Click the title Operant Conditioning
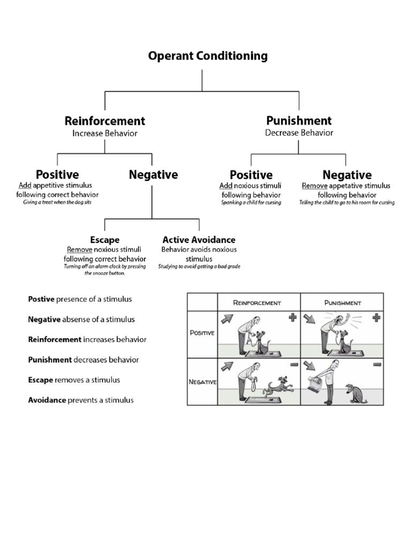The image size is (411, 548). pos(208,56)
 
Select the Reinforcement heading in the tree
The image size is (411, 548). pos(105,121)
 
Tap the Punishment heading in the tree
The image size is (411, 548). pos(299,120)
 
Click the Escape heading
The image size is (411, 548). pos(104,240)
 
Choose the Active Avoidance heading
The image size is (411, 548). pos(199,240)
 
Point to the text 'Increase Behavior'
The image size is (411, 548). pos(105,133)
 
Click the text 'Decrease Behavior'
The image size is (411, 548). pos(299,133)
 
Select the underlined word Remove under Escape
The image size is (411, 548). pos(77,250)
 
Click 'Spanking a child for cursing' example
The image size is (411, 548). pos(251,203)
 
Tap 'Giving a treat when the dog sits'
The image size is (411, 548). pos(57,203)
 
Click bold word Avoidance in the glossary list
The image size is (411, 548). pos(47,400)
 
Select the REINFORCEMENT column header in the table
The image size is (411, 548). pos(257,303)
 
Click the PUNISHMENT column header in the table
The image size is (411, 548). pos(342,303)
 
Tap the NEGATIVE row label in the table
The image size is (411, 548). pos(202,382)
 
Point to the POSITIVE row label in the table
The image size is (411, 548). pos(202,333)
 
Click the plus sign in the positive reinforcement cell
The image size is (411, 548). pos(292,318)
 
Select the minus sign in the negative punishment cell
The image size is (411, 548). pos(376,364)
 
